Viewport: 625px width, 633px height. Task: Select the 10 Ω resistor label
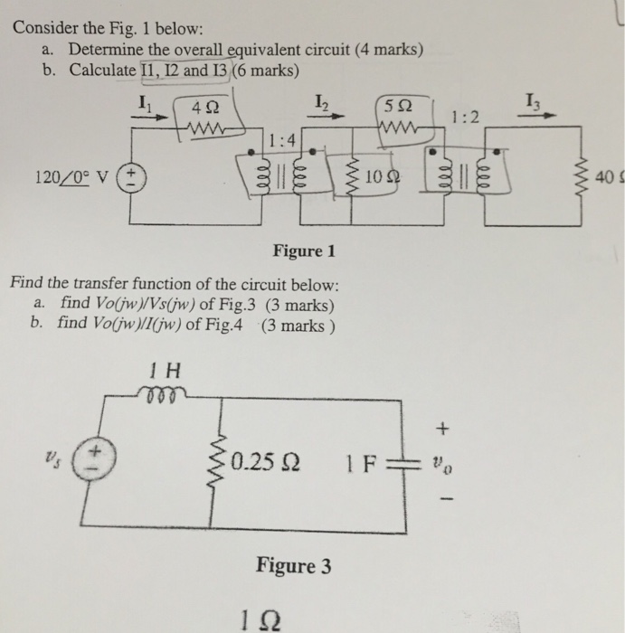tap(384, 174)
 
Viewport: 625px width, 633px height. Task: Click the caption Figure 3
tap(293, 567)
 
